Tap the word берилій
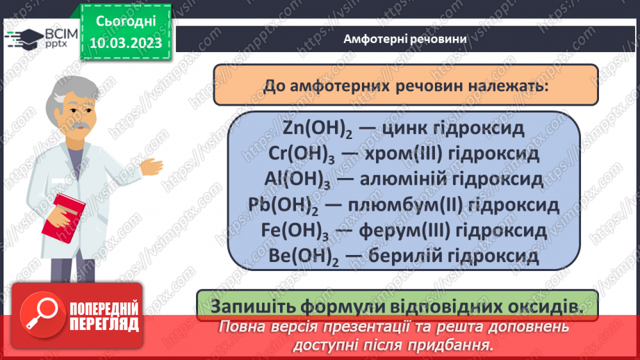[393, 256]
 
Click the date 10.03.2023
[124, 44]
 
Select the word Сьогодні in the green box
[124, 23]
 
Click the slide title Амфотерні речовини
[405, 38]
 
